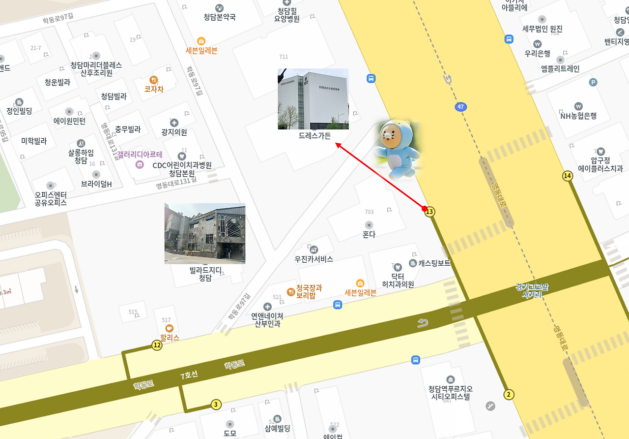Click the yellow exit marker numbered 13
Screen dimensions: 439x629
430,212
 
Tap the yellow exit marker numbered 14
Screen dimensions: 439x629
568,176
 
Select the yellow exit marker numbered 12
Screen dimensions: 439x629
157,345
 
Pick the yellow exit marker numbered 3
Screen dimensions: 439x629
216,405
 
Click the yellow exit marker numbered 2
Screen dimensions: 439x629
509,394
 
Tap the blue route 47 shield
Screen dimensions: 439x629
460,107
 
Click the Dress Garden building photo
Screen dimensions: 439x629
313,99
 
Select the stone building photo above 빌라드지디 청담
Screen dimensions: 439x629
204,233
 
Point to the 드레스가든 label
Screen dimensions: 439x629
314,135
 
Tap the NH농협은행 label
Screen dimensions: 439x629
578,116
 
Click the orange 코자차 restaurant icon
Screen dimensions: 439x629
153,80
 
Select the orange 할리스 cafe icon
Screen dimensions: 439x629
170,328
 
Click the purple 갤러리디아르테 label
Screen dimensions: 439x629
140,154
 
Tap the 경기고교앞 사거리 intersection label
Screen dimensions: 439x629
531,291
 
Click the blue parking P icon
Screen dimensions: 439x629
593,82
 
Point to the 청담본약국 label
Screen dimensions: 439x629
220,17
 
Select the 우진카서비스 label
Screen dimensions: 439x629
314,259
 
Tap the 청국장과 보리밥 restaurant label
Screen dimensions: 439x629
309,291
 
